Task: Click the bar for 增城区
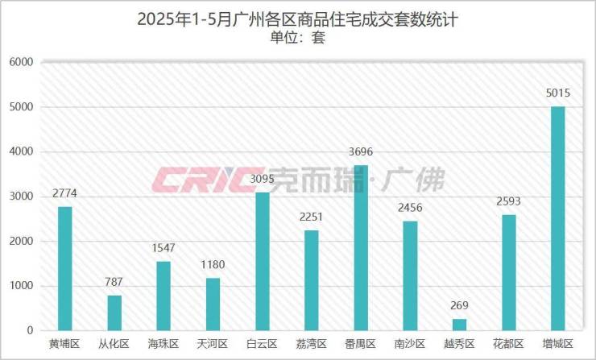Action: pos(557,218)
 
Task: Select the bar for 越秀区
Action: pos(459,325)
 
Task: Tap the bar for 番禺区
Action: pos(361,248)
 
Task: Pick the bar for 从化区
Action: pos(115,312)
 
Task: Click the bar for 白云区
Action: pos(263,261)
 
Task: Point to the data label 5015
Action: pos(557,93)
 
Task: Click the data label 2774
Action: pos(65,194)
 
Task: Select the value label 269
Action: pos(459,306)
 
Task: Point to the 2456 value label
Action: pos(410,208)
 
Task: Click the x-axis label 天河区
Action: pos(213,345)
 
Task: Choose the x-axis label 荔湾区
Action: pos(312,345)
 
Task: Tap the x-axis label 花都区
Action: pos(508,345)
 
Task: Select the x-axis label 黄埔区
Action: pos(65,345)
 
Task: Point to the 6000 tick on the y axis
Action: pos(21,62)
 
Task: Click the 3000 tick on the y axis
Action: pos(21,197)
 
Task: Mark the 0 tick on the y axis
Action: pos(29,331)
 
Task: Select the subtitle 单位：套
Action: pos(297,37)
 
